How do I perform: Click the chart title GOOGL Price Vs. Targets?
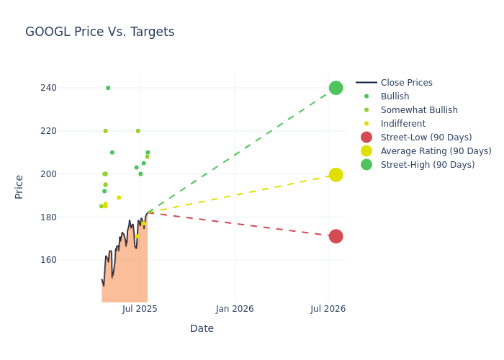[99, 32]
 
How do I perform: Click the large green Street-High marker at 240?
[336, 88]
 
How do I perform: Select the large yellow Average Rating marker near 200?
[336, 175]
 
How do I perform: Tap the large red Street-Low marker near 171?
[336, 236]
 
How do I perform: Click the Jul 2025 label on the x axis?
[140, 309]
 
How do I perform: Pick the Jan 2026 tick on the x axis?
[235, 309]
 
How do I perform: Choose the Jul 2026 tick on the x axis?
[328, 309]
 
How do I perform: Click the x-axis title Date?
[202, 328]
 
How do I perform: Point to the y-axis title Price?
[19, 186]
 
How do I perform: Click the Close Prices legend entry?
[406, 83]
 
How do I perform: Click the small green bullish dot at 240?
[108, 88]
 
